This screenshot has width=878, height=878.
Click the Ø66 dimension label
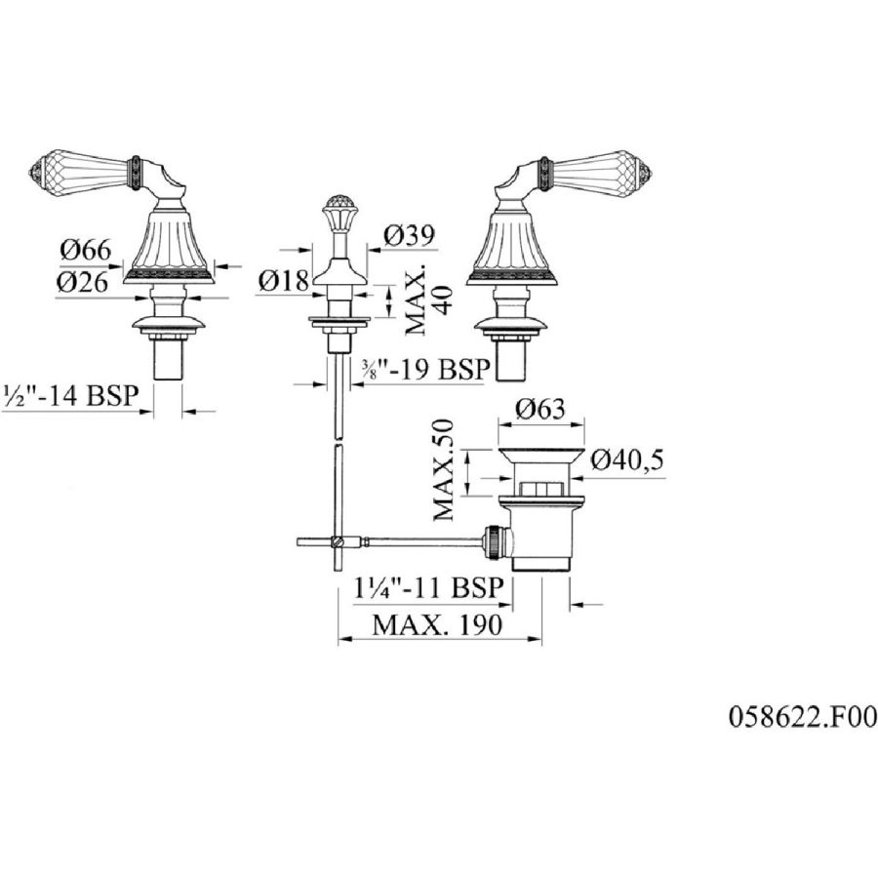86,250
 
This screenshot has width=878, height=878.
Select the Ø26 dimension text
82,282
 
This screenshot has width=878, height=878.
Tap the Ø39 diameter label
410,235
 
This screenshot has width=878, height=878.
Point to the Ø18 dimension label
284,281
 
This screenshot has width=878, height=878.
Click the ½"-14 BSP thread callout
70,395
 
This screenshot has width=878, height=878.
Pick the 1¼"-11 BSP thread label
429,588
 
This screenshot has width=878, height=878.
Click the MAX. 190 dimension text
437,624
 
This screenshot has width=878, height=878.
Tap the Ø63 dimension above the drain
540,410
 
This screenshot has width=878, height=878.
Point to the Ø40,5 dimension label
627,460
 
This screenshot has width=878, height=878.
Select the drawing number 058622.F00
803,717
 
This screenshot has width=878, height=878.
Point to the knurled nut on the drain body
496,540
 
